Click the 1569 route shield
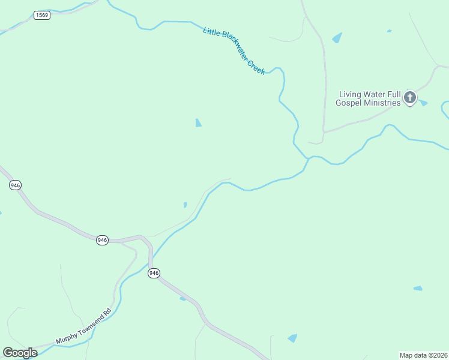click(42, 15)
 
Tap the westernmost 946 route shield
click(16, 185)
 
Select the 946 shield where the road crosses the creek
click(154, 273)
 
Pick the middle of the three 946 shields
click(102, 240)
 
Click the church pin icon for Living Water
click(410, 97)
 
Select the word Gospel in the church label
click(349, 103)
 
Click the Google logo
click(20, 353)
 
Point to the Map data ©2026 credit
click(424, 355)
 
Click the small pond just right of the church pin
click(423, 103)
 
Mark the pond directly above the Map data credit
click(418, 289)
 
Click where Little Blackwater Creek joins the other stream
click(309, 158)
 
